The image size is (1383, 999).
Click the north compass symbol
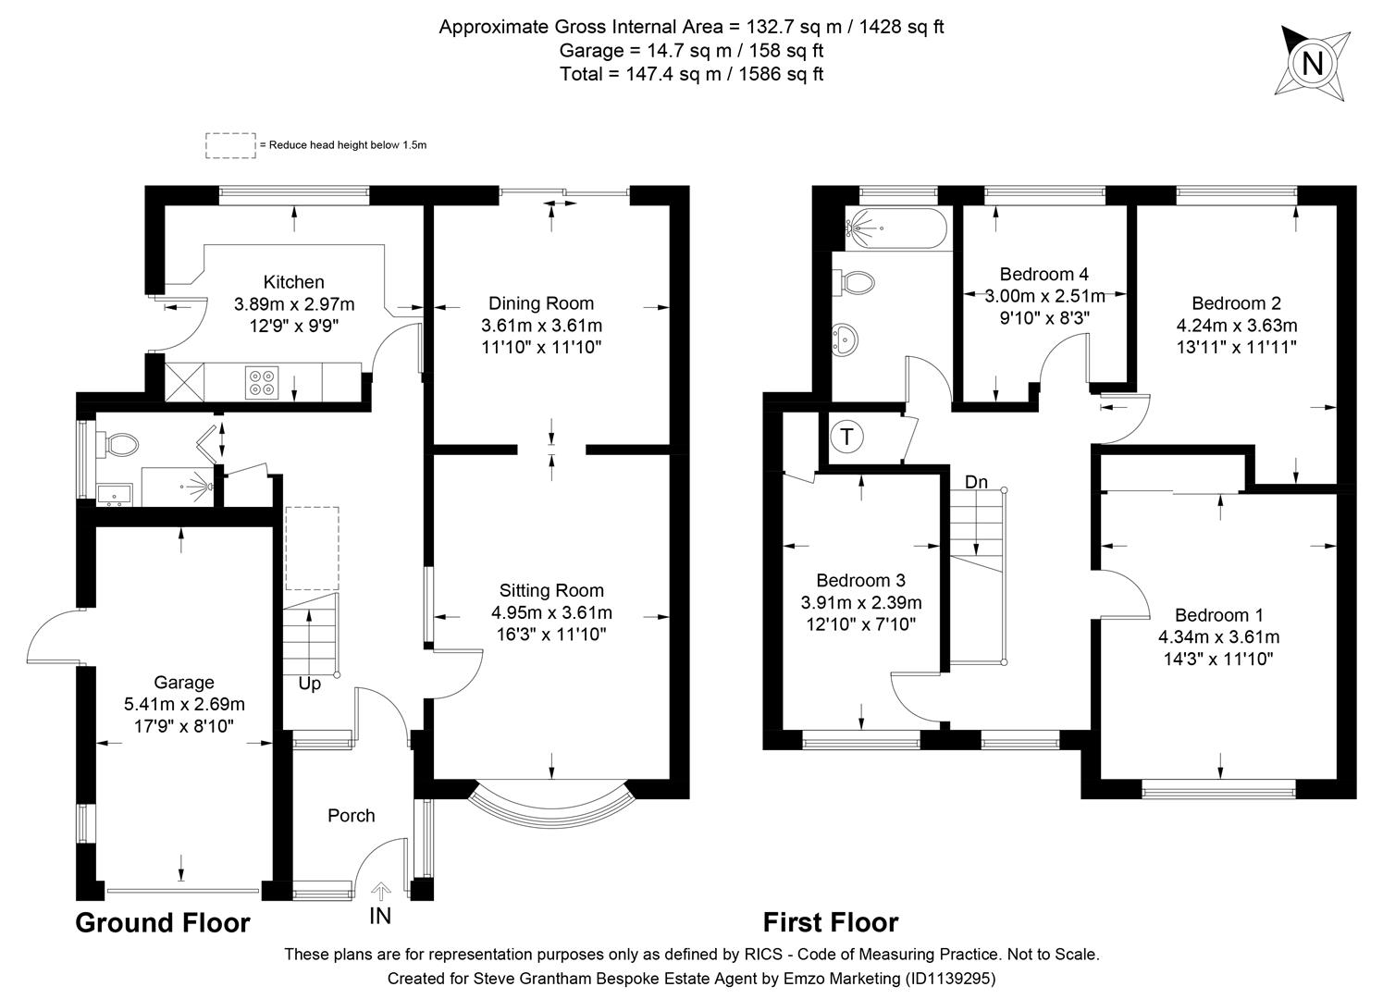point(1311,63)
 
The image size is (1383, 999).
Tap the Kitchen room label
point(293,282)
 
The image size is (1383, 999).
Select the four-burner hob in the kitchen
point(262,382)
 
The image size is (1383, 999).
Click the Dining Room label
point(541,303)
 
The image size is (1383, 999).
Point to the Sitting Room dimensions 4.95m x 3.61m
point(551,612)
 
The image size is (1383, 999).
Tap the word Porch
point(352,815)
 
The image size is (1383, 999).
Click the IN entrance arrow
point(380,892)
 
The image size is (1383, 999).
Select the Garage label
point(184,683)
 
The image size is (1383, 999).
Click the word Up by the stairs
point(310,684)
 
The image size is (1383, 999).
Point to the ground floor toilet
point(120,445)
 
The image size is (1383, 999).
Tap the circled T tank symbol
point(846,437)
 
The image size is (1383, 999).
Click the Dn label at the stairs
point(976,482)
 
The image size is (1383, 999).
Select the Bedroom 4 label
point(1043,274)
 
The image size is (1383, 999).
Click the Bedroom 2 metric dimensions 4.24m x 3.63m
point(1237,326)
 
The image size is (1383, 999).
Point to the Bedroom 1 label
point(1218,615)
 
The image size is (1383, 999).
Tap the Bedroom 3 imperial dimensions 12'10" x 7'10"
point(860,624)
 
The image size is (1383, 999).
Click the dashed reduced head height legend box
point(230,145)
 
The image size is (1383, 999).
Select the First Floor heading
point(830,922)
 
